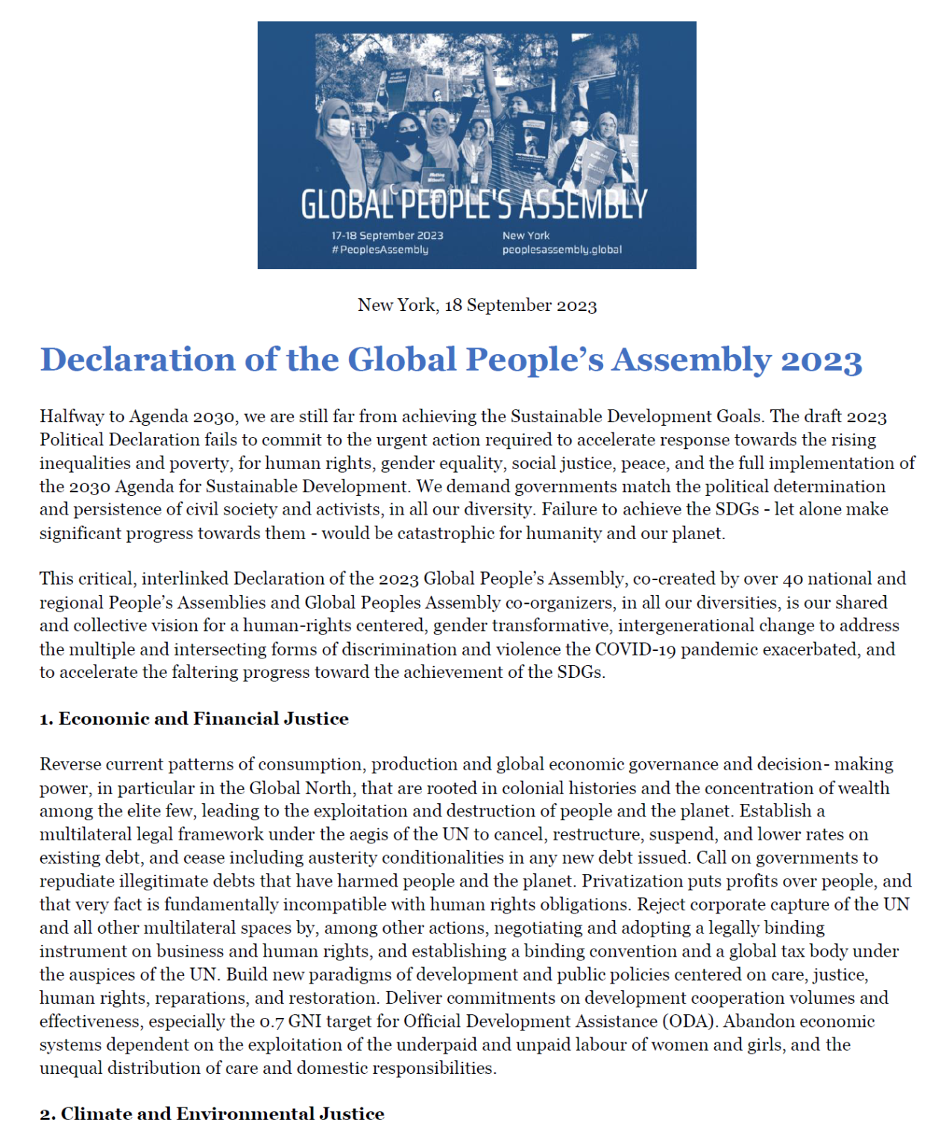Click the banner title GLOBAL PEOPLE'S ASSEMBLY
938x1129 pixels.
click(x=473, y=204)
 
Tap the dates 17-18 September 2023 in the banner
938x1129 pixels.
click(x=387, y=236)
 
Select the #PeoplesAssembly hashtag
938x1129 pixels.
click(x=380, y=250)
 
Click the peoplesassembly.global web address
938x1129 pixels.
click(x=561, y=250)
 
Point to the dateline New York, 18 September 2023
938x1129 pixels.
click(x=477, y=306)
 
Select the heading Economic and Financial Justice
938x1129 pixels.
click(x=203, y=719)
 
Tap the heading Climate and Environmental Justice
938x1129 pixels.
click(x=222, y=1114)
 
